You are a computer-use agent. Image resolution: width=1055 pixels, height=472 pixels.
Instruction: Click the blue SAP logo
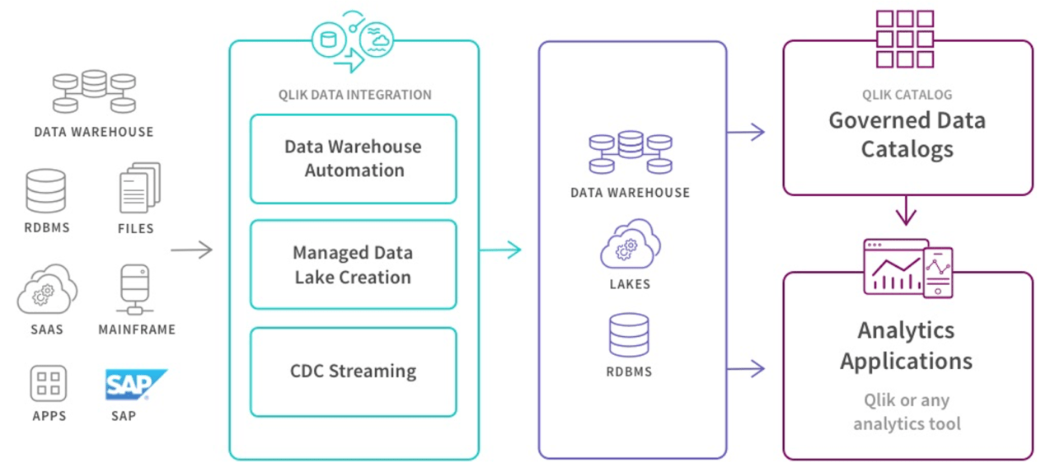[136, 385]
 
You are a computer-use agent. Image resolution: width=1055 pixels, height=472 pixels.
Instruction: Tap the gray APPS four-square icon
[49, 384]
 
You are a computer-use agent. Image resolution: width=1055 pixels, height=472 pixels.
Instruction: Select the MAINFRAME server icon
[135, 289]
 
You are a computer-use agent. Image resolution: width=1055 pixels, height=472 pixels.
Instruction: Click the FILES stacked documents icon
[138, 189]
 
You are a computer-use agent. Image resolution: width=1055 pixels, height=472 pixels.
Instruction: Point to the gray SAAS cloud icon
[47, 289]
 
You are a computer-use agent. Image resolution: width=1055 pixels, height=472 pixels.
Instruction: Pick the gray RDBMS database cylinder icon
[45, 191]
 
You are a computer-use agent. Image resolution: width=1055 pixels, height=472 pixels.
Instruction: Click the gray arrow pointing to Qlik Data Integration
[191, 250]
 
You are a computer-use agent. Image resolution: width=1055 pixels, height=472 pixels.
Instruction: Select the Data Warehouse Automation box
[354, 159]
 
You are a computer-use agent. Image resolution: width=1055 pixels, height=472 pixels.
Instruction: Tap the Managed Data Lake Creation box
[354, 264]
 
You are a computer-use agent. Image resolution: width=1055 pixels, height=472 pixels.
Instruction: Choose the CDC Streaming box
[354, 372]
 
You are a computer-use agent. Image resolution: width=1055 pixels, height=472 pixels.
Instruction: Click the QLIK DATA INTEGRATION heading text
[354, 95]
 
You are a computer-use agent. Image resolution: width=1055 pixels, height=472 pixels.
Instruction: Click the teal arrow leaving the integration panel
[500, 250]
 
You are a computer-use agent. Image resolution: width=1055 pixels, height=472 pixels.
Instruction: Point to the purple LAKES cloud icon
[631, 244]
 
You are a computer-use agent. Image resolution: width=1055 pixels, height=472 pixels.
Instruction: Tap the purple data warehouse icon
[631, 153]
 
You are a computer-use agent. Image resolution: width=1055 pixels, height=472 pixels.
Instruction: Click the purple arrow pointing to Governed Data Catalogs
[747, 131]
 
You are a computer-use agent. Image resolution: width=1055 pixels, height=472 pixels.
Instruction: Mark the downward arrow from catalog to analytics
[907, 211]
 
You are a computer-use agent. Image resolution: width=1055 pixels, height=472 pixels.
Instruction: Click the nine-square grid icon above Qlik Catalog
[904, 39]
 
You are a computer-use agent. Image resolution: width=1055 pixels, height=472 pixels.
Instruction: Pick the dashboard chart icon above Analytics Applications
[907, 269]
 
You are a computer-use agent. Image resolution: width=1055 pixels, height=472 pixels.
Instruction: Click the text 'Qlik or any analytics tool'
[907, 413]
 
